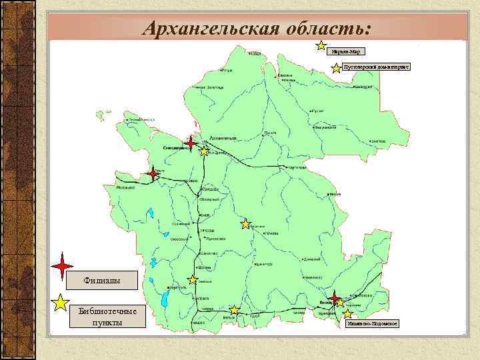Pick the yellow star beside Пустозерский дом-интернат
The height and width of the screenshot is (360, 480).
(x=335, y=68)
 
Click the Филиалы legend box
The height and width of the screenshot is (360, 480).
(x=101, y=279)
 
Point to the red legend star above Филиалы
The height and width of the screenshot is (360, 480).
(x=62, y=267)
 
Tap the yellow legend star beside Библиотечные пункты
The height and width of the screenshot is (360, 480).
(x=61, y=303)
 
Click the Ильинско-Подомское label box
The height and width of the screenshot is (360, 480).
(x=372, y=323)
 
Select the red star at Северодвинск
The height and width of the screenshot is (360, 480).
(x=191, y=143)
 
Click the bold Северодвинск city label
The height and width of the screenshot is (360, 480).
(x=175, y=147)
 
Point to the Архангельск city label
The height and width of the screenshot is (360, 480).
(x=223, y=137)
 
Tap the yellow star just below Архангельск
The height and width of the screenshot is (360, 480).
(x=204, y=152)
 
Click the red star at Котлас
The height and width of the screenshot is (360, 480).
(x=334, y=296)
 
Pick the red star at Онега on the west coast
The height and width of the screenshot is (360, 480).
(x=153, y=173)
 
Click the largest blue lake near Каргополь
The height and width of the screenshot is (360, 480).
(x=163, y=297)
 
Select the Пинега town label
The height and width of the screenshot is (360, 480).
(x=269, y=133)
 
